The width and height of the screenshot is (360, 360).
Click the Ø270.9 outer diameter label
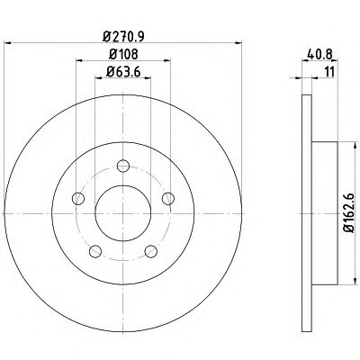pos(123,36)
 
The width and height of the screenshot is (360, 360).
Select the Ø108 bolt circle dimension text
pos(123,54)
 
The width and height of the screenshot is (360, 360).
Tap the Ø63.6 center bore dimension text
pos(123,72)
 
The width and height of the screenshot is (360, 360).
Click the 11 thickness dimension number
pos(329,72)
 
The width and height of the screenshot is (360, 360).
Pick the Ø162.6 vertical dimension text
pos(350,213)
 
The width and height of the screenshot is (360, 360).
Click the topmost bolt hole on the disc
pos(123,166)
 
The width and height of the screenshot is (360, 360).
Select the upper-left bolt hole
pos(78,198)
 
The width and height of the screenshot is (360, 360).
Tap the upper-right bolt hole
pos(168,198)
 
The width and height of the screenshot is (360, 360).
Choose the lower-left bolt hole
pos(95,251)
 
